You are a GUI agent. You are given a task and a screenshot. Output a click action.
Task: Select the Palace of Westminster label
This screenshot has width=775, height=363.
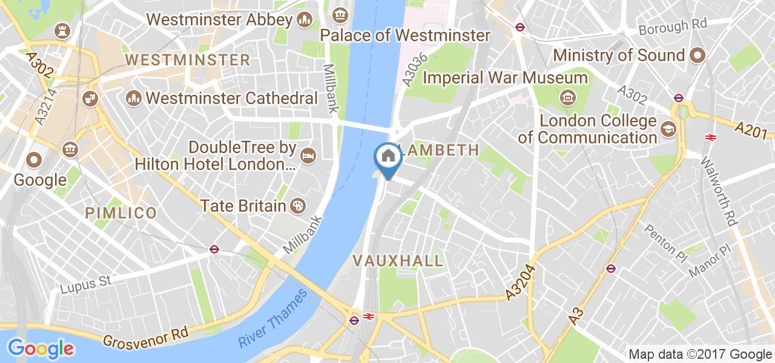click(404, 35)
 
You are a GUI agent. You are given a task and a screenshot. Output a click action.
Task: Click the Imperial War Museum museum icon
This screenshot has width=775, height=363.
click(567, 96)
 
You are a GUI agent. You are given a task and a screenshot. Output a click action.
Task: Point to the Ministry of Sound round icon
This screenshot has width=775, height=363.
click(697, 56)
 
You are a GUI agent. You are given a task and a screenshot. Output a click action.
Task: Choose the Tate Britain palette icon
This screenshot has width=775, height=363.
click(298, 206)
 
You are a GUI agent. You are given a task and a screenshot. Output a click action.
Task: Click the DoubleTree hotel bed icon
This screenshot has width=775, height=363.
click(308, 155)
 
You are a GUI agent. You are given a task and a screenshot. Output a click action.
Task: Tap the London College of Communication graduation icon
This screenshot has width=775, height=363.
click(668, 129)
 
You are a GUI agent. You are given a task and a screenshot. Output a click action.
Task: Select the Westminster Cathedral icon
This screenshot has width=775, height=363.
click(133, 97)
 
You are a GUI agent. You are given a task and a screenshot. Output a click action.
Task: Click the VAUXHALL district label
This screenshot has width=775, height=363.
click(398, 261)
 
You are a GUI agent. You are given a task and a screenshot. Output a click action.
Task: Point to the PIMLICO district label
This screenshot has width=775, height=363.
click(121, 212)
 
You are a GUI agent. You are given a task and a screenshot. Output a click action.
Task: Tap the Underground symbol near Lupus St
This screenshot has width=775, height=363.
click(214, 249)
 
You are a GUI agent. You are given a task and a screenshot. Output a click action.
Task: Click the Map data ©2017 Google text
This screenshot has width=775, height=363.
click(699, 355)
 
